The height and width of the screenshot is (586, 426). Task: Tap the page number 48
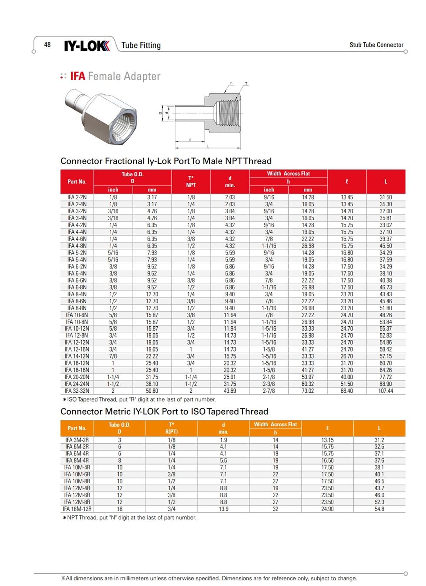pos(47,44)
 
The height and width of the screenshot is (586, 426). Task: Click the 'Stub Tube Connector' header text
pos(376,45)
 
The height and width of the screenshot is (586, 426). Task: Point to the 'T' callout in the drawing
pos(246,84)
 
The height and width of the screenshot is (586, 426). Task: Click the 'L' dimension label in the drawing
pos(208,146)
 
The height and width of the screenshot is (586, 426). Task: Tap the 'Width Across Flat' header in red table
pos(288,174)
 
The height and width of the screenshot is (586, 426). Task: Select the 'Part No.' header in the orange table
pos(77,428)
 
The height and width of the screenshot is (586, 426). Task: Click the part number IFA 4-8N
pos(77,246)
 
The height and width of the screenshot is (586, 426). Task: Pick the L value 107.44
pos(386,391)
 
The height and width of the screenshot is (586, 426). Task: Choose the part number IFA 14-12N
pos(77,356)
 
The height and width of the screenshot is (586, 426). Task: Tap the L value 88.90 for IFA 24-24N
pos(386,384)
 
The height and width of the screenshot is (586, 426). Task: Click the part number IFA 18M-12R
pos(77,509)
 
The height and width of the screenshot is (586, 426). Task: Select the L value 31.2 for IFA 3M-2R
pos(379,440)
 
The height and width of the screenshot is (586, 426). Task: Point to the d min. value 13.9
pos(223,509)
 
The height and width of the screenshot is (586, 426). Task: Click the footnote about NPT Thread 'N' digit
pos(130,518)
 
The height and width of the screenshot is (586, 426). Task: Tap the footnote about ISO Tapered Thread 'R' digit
pos(139,399)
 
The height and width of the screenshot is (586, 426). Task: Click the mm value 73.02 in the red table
pos(308,391)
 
